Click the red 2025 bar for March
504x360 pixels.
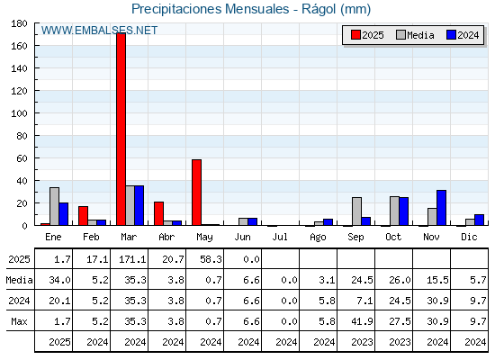(121, 129)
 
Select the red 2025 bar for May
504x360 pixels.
(196, 193)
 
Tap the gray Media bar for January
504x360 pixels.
(54, 206)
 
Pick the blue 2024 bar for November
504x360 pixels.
(441, 208)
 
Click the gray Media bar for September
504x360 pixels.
(356, 211)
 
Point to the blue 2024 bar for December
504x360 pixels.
(479, 220)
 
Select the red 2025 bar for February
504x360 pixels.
(83, 216)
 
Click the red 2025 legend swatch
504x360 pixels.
(355, 35)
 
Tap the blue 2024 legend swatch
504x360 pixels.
(451, 35)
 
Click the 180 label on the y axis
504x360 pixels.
(19, 23)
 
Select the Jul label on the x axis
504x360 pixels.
(280, 238)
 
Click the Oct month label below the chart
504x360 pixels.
(393, 238)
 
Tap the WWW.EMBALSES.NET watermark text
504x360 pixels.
(99, 31)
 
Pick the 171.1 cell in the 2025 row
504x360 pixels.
(132, 259)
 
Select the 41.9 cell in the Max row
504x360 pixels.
(362, 321)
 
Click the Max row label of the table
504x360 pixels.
(19, 321)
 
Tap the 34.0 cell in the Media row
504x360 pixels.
(59, 280)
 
